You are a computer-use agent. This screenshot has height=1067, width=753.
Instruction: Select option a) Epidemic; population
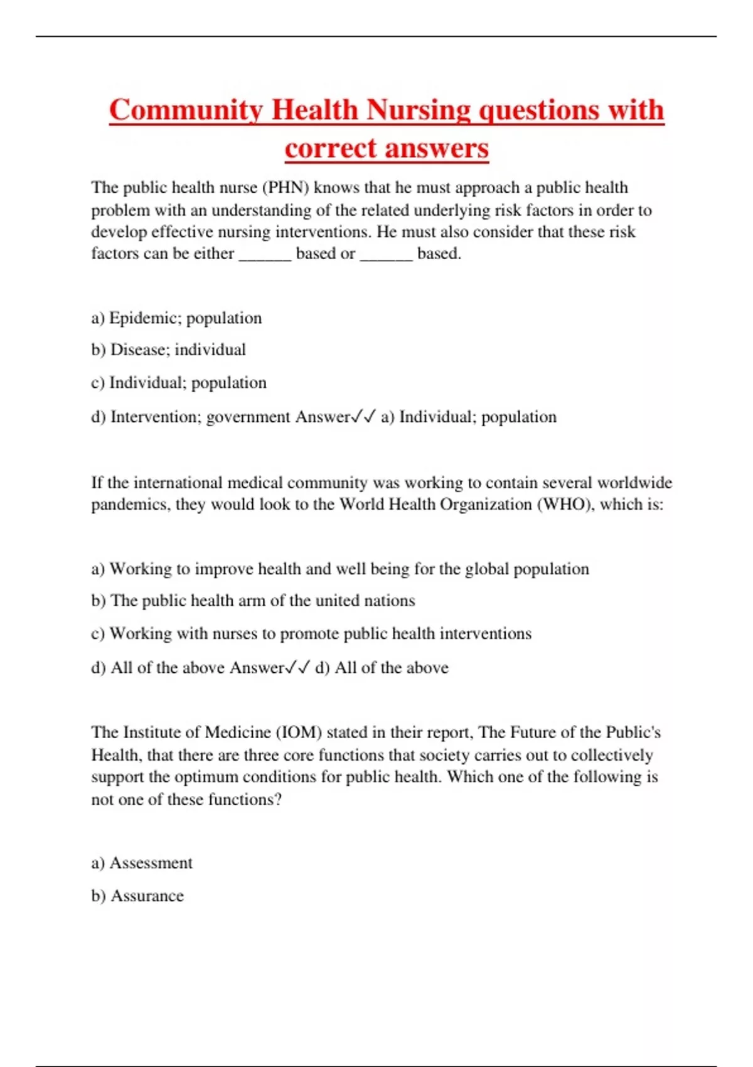[176, 318]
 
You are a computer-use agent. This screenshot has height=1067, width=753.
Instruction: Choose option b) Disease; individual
[168, 350]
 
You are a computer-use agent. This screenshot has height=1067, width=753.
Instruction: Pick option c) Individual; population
[179, 383]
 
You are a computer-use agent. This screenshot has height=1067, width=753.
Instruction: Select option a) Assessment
[142, 863]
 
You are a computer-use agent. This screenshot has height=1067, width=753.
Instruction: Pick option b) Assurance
[137, 896]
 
